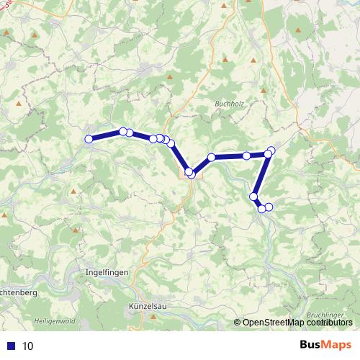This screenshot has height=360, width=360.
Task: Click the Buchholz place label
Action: tap(230, 104)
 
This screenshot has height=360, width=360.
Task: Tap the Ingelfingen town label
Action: tap(106, 273)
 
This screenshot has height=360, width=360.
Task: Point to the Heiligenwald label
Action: tap(54, 320)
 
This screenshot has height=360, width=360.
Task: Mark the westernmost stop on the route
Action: tap(89, 140)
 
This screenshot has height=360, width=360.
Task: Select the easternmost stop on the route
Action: tap(271, 150)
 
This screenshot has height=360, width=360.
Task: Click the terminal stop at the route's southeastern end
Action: tap(269, 207)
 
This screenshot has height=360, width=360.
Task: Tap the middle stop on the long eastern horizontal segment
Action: tap(246, 156)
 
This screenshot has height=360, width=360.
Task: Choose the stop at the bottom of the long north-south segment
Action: tap(253, 196)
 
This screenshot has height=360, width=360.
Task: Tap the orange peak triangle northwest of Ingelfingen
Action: tap(74, 192)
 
